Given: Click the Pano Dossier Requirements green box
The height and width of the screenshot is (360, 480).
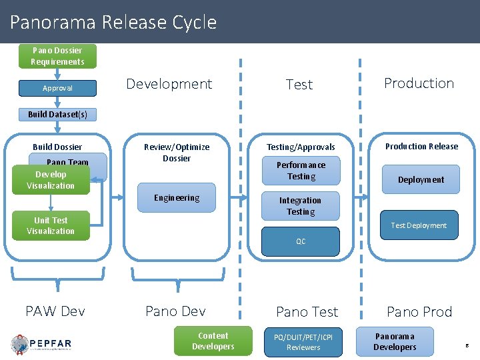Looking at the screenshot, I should click(x=57, y=56).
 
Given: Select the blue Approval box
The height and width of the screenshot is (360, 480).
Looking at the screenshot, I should click(x=57, y=88).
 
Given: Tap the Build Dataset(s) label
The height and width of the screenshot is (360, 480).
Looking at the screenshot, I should click(x=57, y=114).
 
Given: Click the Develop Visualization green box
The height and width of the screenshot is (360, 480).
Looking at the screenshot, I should click(x=51, y=180).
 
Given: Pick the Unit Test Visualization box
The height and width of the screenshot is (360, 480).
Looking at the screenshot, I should click(x=51, y=225).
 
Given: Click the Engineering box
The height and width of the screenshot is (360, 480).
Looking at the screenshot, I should click(x=177, y=198).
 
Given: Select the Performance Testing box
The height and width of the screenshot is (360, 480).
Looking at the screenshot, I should click(x=301, y=171).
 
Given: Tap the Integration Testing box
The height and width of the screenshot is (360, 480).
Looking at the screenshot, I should click(x=300, y=206).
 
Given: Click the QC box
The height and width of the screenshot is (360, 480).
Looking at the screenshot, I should click(x=301, y=241).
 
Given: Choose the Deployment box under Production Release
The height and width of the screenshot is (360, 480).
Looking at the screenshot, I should click(x=421, y=179).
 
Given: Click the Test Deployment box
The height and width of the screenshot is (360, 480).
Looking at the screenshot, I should click(x=419, y=225).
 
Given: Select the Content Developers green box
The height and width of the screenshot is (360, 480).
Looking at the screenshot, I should click(x=213, y=341).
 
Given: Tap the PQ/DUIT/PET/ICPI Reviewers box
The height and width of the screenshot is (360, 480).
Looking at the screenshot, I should click(x=303, y=341).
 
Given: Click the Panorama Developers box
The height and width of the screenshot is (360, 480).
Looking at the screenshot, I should click(x=395, y=341).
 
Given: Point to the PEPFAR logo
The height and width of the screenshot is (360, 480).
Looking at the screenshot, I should click(x=41, y=344).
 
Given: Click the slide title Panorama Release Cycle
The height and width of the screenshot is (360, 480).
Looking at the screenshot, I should click(x=113, y=22).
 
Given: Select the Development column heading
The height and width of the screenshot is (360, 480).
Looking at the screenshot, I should click(x=169, y=84).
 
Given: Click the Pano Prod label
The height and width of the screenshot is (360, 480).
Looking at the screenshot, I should click(x=419, y=311).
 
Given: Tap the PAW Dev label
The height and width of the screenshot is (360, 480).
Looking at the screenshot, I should click(x=55, y=311).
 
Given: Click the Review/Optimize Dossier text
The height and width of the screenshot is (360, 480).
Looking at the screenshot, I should click(x=177, y=153).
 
